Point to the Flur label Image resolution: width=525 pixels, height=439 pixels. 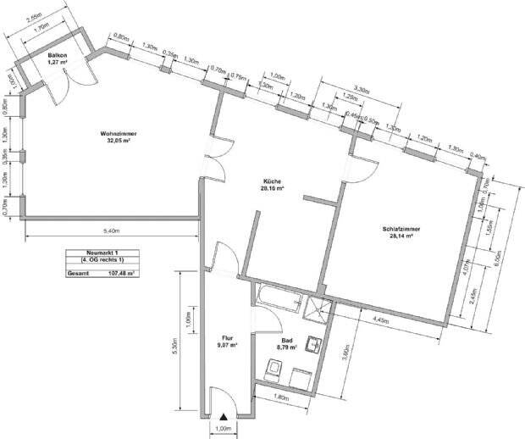coord(226,341)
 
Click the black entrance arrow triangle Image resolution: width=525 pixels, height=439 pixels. coord(224,416)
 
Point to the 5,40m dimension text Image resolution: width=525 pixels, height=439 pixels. coord(110,231)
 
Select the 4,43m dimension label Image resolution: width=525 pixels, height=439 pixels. coord(383,320)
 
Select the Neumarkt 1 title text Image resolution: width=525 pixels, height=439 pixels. coord(102,253)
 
